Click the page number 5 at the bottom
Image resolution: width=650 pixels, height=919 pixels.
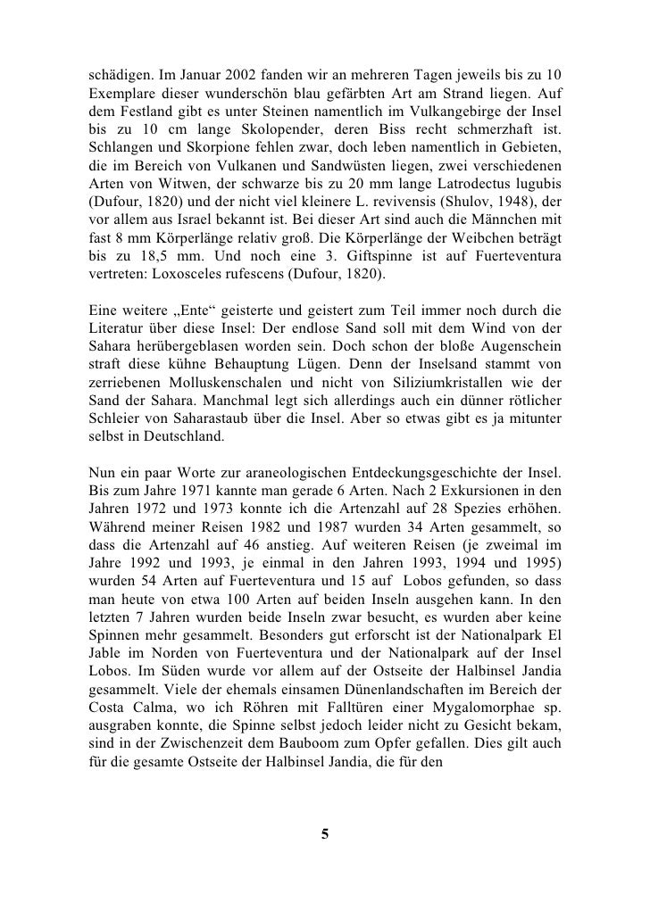pyautogui.click(x=325, y=834)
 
